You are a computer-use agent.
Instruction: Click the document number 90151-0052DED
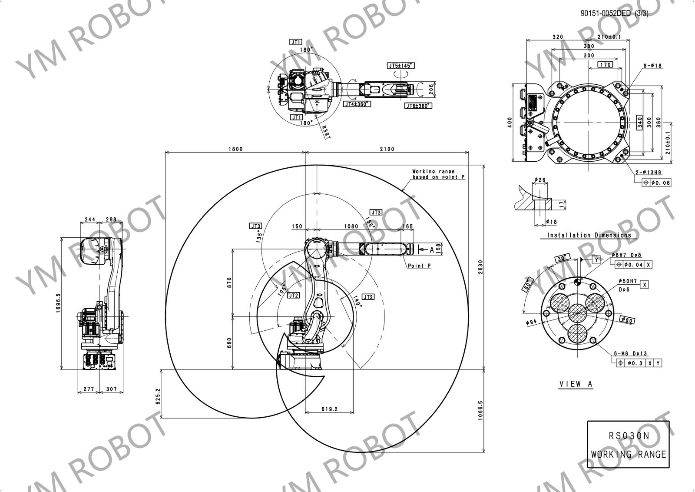click(x=606, y=13)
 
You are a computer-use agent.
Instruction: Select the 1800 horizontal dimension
click(x=235, y=149)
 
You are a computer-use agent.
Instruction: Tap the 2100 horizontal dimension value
click(x=387, y=149)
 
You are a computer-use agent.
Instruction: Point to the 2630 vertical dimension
click(x=480, y=266)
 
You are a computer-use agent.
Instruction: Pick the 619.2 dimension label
click(x=330, y=409)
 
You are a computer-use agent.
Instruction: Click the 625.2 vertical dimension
click(x=158, y=396)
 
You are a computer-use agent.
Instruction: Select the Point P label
click(x=419, y=266)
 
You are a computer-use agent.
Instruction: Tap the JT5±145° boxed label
click(x=401, y=66)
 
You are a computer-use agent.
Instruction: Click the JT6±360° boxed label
click(x=417, y=106)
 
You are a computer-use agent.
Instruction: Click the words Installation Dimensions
click(x=589, y=235)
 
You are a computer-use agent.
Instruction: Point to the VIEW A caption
click(x=576, y=384)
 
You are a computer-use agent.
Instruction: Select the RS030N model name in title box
click(x=628, y=436)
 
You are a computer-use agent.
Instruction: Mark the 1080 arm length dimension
click(x=351, y=226)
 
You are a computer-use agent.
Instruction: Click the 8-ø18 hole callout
click(x=652, y=66)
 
